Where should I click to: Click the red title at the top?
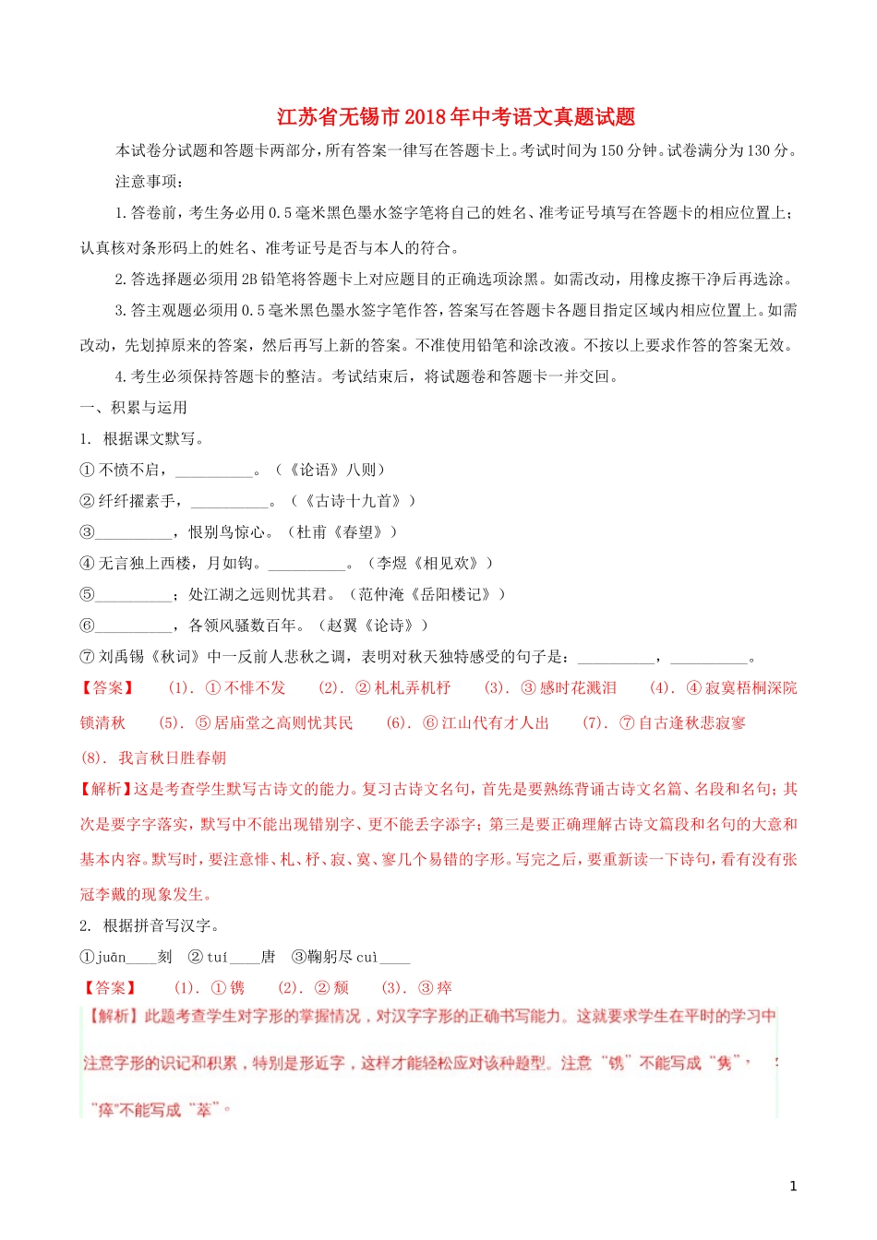pyautogui.click(x=456, y=117)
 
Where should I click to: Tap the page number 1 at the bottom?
pyautogui.click(x=793, y=1186)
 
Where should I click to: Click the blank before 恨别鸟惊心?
pyautogui.click(x=133, y=533)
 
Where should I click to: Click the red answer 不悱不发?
pyautogui.click(x=256, y=688)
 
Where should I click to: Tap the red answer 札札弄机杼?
pyautogui.click(x=412, y=688)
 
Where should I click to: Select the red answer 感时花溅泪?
pyautogui.click(x=578, y=688)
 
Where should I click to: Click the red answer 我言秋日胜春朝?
pyautogui.click(x=172, y=758)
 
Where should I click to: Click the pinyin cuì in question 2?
pyautogui.click(x=367, y=958)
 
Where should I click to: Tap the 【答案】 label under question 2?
pyautogui.click(x=111, y=988)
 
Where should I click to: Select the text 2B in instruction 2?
pyautogui.click(x=250, y=280)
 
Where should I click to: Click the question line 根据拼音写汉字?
pyautogui.click(x=161, y=926)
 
